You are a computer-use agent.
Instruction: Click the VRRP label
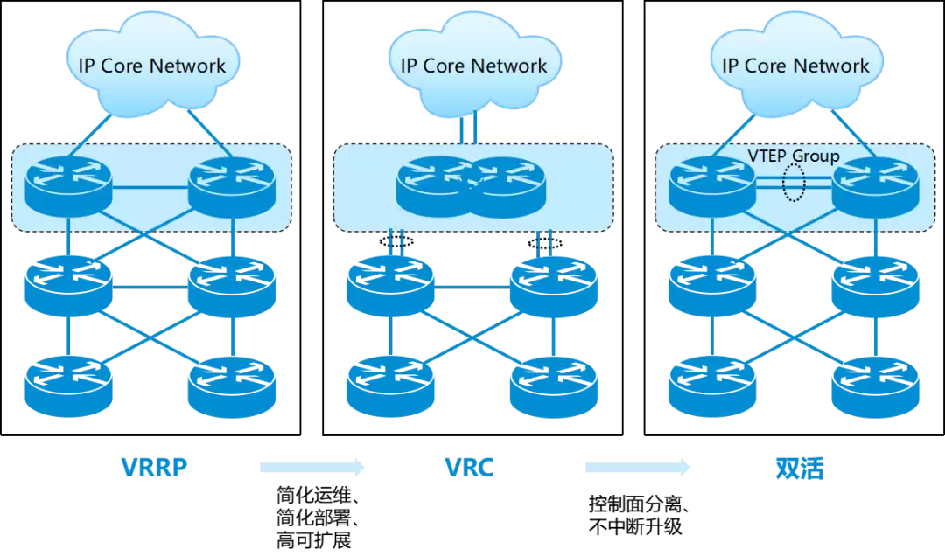point(154,468)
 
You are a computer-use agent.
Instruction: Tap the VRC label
point(470,468)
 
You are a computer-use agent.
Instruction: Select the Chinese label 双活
point(799,469)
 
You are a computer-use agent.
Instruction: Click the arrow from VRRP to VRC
point(312,468)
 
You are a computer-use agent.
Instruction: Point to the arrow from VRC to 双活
point(638,468)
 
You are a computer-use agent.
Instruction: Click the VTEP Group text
point(793,156)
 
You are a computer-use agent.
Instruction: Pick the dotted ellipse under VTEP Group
point(794,184)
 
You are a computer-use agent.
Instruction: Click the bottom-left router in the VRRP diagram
point(68,386)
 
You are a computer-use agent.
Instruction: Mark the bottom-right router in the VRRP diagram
point(233,386)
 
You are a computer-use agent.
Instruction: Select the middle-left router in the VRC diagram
point(390,285)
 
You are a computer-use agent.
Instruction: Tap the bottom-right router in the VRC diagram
point(554,386)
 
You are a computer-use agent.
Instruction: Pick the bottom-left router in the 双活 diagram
point(712,386)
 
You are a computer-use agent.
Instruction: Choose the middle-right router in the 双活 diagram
point(876,285)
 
